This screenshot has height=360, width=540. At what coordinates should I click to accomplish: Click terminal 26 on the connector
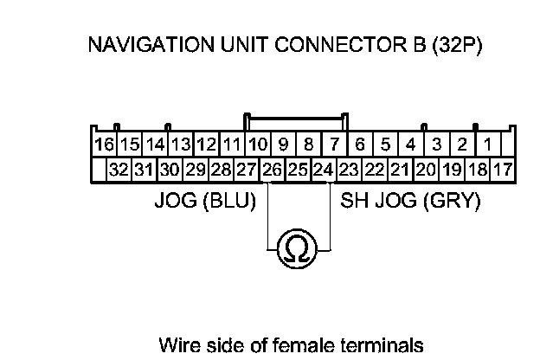[272, 169]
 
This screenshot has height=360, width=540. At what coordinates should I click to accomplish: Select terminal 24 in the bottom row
[323, 169]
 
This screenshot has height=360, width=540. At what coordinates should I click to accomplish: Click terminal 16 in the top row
[104, 144]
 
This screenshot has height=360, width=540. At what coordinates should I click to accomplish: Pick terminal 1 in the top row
[488, 144]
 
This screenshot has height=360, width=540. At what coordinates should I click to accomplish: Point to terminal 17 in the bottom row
[502, 169]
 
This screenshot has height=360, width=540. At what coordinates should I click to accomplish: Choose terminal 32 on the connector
[119, 169]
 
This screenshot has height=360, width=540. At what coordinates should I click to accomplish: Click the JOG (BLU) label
[204, 202]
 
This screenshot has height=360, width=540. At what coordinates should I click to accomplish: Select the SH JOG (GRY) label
[410, 202]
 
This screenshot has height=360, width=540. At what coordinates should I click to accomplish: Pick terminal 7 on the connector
[335, 144]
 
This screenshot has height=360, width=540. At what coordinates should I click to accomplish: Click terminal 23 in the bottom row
[349, 169]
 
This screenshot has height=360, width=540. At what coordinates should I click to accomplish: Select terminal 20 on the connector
[426, 169]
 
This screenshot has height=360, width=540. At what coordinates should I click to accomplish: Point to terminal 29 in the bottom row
[196, 169]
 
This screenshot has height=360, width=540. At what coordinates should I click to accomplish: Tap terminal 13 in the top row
[181, 144]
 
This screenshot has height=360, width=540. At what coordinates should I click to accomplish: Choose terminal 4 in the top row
[412, 144]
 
